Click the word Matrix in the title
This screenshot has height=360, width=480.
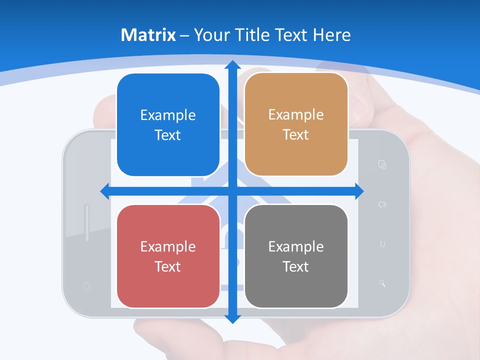pos(148,35)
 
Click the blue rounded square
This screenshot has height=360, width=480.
pos(168,125)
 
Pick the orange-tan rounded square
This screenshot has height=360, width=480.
pos(296,124)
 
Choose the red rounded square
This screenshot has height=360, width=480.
pos(168,256)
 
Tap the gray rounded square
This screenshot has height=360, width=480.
pos(296,256)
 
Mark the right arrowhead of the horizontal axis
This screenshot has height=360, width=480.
pos(358,191)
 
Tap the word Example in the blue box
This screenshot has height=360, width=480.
pos(168,115)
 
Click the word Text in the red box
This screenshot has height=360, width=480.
pos(168,266)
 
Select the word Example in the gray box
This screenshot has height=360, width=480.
pos(296,246)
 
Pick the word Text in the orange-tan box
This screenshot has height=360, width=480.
pos(296,134)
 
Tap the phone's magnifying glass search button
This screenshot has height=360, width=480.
pos(382,283)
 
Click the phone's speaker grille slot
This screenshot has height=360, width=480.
pos(87,222)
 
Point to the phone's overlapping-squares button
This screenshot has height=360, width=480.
pos(382,164)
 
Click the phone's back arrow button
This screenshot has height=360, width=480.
pos(382,204)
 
